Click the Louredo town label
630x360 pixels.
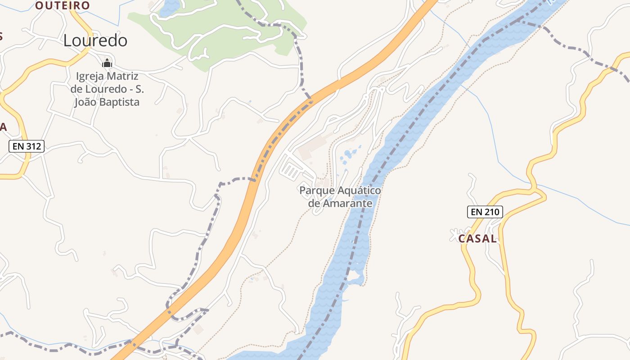(x=95, y=40)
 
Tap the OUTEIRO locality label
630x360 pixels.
(x=63, y=5)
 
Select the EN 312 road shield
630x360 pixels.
(x=27, y=146)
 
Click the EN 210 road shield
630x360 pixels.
(x=485, y=211)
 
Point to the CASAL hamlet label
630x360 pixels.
(x=477, y=239)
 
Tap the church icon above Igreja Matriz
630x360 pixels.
(x=107, y=63)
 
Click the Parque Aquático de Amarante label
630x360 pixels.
(x=340, y=197)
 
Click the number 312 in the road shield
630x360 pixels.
(x=33, y=146)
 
